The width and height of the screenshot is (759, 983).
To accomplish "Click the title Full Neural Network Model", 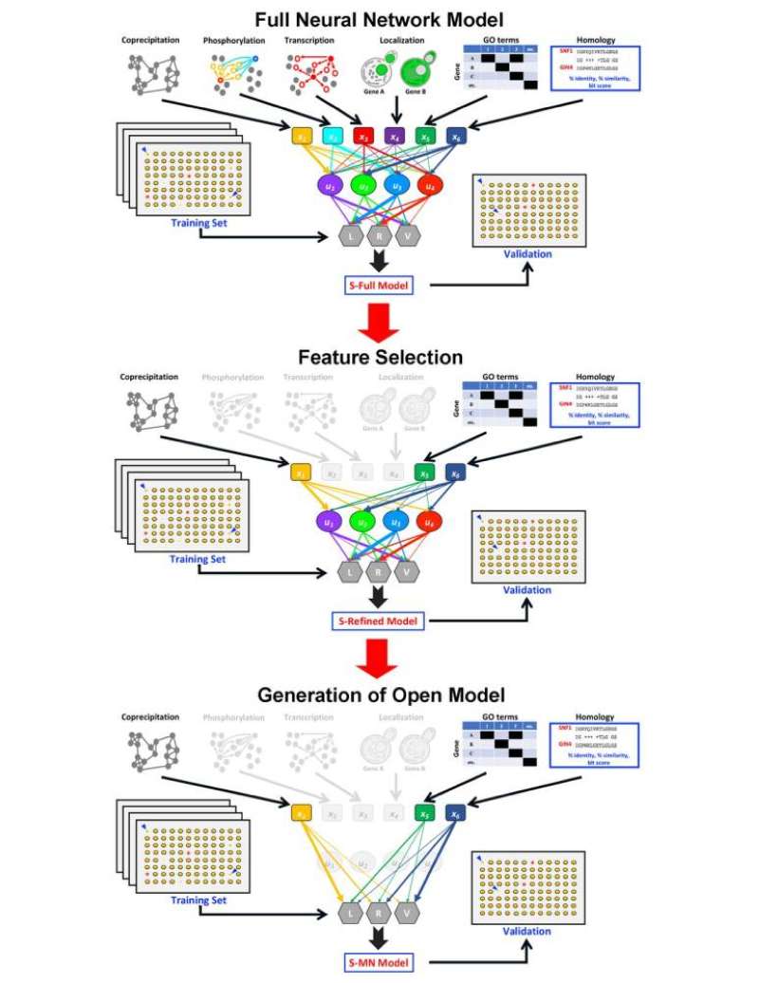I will click(x=379, y=18).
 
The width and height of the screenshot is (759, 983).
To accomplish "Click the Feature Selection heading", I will click(x=379, y=358).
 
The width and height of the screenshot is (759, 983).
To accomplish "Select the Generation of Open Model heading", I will click(x=379, y=695).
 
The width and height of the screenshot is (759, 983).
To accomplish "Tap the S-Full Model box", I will click(x=379, y=284).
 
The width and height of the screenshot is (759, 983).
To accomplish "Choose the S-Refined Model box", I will click(x=379, y=621).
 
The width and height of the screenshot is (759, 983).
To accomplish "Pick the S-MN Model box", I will click(x=379, y=963).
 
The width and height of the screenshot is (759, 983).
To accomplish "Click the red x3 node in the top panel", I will click(x=362, y=137).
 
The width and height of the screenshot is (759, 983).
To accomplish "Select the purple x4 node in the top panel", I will click(x=394, y=137).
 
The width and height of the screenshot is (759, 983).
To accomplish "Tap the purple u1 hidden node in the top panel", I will click(x=332, y=186).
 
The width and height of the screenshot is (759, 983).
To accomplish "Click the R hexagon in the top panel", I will click(x=379, y=234).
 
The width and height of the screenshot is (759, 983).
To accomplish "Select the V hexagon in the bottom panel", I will click(x=408, y=912).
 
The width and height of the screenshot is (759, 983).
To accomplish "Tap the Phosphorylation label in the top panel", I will click(x=232, y=41).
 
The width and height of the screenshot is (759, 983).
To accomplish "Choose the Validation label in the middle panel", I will click(x=527, y=590).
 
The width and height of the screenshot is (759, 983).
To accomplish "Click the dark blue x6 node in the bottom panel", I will click(x=455, y=812).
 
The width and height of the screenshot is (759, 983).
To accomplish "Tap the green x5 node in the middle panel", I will click(x=424, y=472).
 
